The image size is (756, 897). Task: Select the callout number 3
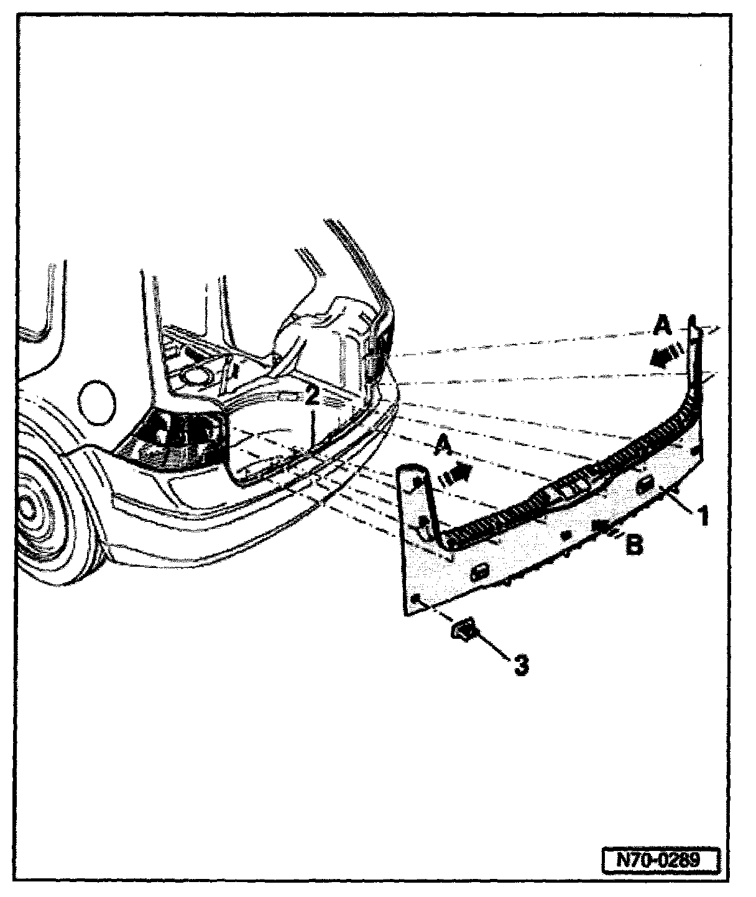coord(521,664)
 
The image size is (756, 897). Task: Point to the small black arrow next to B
coord(602,528)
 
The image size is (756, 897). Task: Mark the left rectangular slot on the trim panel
coord(481,572)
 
